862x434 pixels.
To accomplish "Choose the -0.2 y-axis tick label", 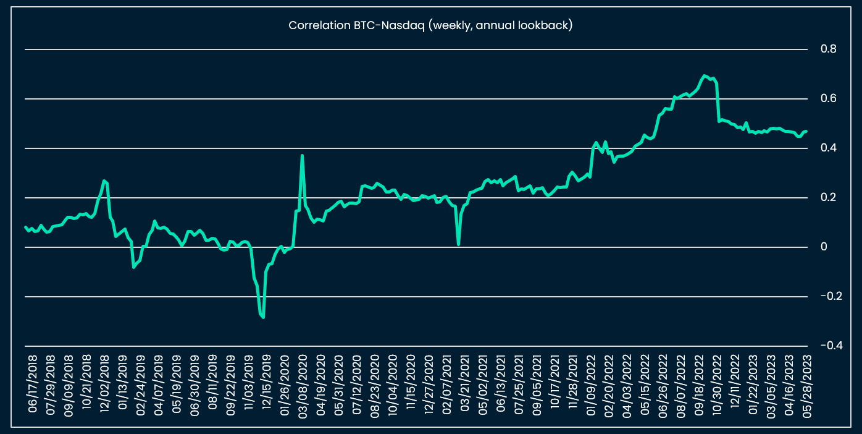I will [x=827, y=296].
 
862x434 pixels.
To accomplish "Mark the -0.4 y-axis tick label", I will [x=827, y=346].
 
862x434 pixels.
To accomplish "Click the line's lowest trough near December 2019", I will [x=263, y=317].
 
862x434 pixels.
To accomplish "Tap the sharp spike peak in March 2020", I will [x=302, y=155].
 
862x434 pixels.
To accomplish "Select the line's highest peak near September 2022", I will [x=705, y=75].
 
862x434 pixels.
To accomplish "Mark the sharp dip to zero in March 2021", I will [x=458, y=244].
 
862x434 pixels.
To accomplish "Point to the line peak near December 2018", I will [x=104, y=181].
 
